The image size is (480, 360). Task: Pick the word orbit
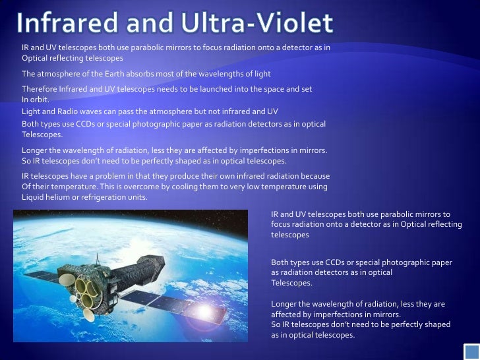tap(39, 99)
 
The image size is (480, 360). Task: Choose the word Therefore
tap(42, 88)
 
